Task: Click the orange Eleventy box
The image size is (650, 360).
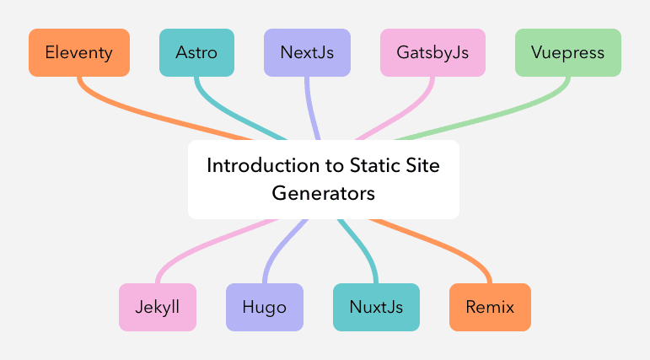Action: (79, 52)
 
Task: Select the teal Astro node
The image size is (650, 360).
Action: (197, 52)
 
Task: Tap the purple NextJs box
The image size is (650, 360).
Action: (307, 52)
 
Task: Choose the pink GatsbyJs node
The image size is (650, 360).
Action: (432, 52)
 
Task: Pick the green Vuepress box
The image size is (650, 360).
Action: (568, 52)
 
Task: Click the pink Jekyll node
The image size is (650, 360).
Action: (158, 308)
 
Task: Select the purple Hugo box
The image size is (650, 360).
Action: (265, 308)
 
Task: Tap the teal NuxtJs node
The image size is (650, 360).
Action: (376, 308)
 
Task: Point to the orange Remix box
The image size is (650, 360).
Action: (490, 308)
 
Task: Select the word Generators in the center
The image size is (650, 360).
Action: (324, 193)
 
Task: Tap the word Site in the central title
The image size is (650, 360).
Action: (422, 165)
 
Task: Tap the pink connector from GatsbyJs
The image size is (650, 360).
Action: (401, 113)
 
